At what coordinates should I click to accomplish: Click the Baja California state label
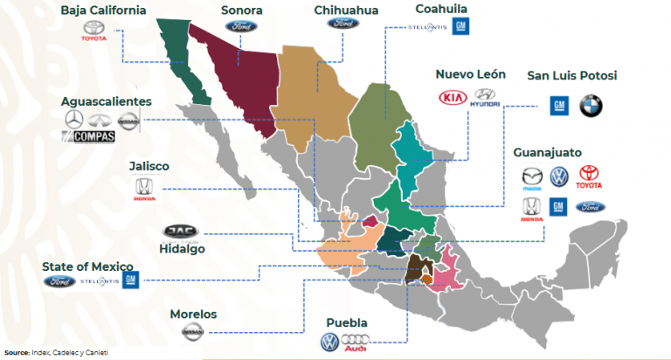[x=103, y=11]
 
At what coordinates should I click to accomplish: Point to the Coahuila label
[x=442, y=9]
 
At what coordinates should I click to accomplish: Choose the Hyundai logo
[x=485, y=98]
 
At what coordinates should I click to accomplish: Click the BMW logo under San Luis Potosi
[x=591, y=106]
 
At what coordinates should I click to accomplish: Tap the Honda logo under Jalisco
[x=142, y=189]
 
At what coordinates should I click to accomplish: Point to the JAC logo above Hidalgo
[x=181, y=231]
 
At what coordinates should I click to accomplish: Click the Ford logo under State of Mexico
[x=59, y=281]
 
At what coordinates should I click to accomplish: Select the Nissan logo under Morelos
[x=194, y=333]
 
